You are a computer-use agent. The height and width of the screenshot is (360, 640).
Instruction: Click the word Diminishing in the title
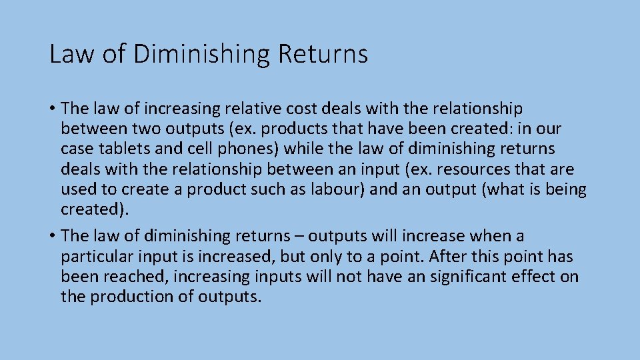tap(202, 54)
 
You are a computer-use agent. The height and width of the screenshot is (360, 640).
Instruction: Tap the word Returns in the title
tap(323, 54)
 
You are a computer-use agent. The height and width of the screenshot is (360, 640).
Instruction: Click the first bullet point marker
tap(53, 109)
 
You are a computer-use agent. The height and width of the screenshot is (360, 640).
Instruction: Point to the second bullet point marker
tap(53, 236)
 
